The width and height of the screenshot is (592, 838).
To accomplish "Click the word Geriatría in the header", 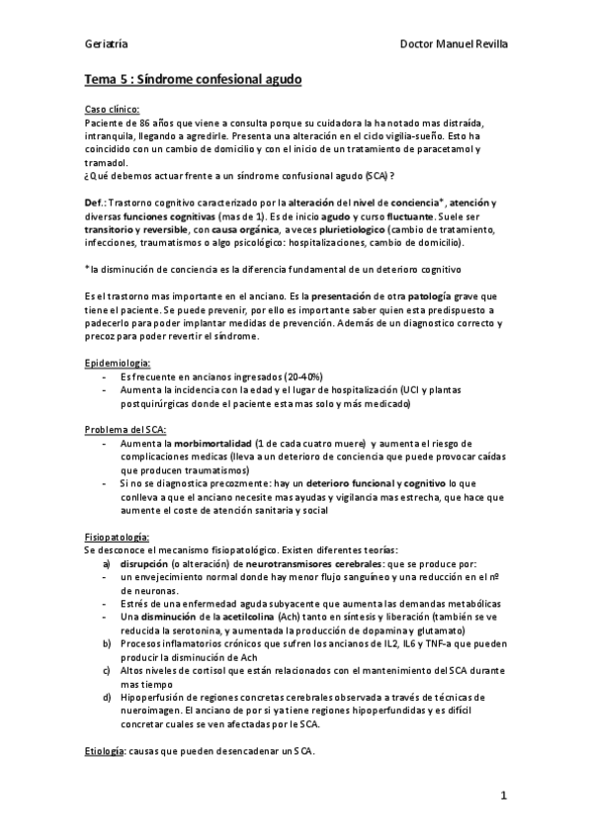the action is (105, 44).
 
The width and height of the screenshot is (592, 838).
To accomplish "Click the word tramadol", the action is (106, 162).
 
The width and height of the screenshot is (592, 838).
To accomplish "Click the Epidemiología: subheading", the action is (118, 364).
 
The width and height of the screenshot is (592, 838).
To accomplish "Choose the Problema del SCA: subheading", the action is (126, 430).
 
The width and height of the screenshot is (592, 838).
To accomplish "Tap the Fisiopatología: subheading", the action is (117, 536).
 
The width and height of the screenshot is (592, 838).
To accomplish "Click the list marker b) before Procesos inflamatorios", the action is (107, 643).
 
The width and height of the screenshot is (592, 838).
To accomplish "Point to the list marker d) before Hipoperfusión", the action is (107, 698).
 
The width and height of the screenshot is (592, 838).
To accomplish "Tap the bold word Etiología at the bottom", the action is (105, 751).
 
